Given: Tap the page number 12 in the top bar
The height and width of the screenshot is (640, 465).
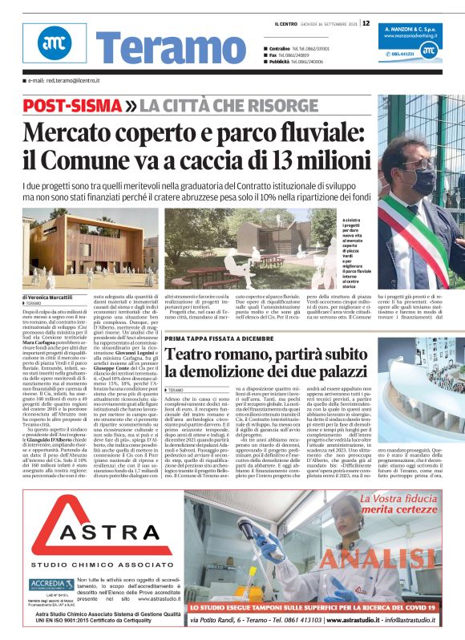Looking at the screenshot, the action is click(366, 22).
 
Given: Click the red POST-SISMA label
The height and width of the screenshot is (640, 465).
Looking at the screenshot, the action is click(67, 106).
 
